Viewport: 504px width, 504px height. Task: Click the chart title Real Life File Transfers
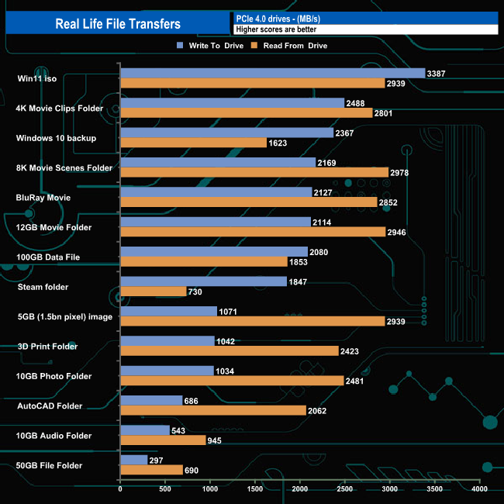(x=118, y=23)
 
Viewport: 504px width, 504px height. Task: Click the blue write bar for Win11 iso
(x=272, y=73)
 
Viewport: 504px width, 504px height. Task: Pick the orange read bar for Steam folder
(x=153, y=292)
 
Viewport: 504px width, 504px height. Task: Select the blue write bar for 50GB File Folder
(x=133, y=460)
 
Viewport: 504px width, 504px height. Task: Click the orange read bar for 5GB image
(x=252, y=321)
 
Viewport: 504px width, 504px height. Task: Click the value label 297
(x=156, y=460)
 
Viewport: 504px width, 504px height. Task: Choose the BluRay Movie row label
(x=43, y=198)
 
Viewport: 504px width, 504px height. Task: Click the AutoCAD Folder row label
(x=50, y=406)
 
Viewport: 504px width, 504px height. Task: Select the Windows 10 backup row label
(x=56, y=138)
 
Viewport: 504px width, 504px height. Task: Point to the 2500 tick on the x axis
(x=344, y=489)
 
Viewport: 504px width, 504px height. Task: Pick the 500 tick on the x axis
(x=165, y=489)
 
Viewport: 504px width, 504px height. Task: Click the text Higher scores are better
(x=276, y=29)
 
